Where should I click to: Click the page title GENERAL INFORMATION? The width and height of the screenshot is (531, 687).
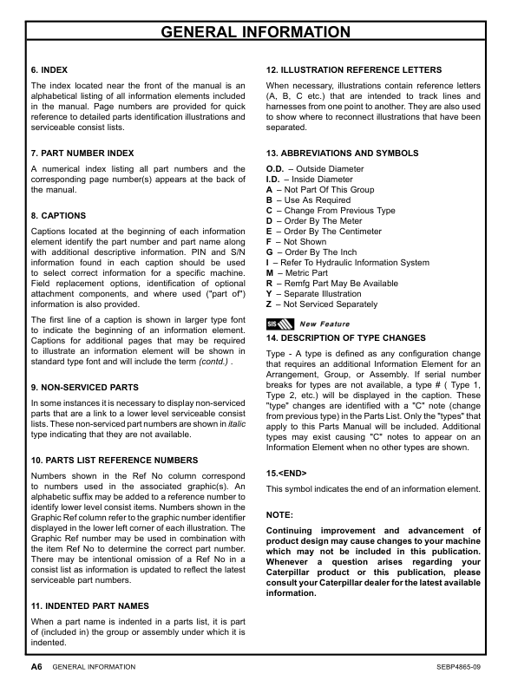point(265,33)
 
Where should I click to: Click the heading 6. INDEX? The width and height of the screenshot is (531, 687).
point(49,69)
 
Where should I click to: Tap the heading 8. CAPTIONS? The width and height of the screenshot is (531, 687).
point(58,214)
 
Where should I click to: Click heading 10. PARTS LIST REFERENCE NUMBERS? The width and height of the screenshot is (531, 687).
point(114,459)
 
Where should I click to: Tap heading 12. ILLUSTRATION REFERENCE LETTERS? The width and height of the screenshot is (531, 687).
point(354,69)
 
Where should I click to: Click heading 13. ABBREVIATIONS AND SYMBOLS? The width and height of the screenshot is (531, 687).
point(342,153)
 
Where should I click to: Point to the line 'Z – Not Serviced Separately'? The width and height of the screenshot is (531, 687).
point(321,304)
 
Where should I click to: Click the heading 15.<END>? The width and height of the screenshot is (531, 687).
point(286,474)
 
